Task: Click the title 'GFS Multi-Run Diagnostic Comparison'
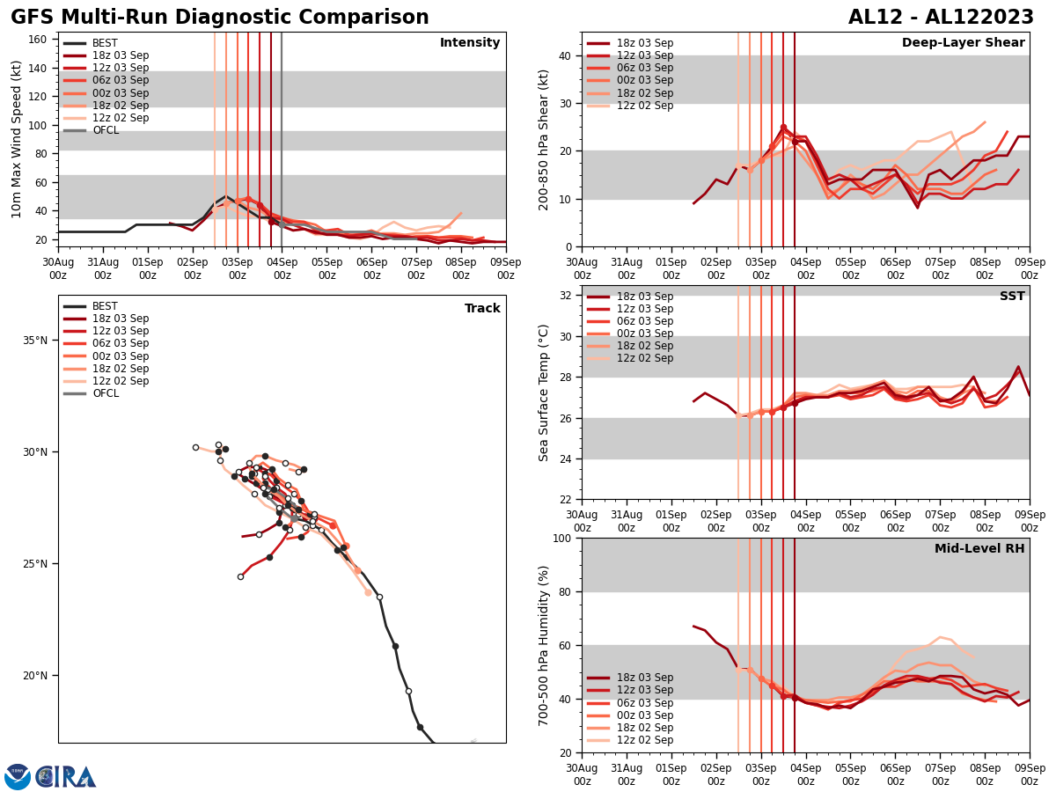point(220,18)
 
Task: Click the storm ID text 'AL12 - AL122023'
point(941,18)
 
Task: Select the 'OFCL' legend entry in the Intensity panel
point(105,130)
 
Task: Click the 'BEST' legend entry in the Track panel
point(105,306)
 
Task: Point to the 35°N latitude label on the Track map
point(34,341)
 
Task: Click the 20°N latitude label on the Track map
point(34,676)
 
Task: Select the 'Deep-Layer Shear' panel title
point(963,43)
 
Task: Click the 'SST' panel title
point(1012,297)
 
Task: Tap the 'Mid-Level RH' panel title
point(979,549)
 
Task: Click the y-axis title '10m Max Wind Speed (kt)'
point(18,139)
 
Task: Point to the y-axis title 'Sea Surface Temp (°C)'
point(544,392)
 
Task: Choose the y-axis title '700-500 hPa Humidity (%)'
point(544,645)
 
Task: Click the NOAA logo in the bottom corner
point(18,777)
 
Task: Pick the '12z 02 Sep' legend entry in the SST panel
point(645,358)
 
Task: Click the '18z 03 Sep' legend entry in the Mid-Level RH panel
point(645,678)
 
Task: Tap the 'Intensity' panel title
point(470,43)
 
